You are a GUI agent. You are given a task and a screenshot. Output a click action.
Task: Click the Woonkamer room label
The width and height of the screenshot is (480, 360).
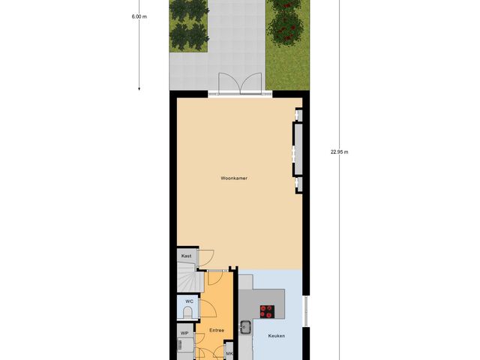click(x=234, y=178)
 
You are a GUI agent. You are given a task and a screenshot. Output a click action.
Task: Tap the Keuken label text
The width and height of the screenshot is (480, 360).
click(x=277, y=335)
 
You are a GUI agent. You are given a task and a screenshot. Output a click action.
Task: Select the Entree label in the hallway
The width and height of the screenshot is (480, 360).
click(x=217, y=330)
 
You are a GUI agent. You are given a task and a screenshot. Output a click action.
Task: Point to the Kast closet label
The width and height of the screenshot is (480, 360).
click(x=187, y=256)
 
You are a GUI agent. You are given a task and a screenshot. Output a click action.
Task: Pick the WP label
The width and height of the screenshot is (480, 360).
click(x=184, y=333)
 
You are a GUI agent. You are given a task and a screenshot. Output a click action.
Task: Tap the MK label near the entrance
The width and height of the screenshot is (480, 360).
click(x=229, y=353)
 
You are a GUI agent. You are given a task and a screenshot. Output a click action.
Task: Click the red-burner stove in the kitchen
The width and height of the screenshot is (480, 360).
click(x=267, y=310)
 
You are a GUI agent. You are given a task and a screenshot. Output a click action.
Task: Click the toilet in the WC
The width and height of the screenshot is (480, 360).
click(x=187, y=312)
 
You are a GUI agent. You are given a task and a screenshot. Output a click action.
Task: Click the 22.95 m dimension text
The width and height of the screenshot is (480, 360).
click(x=339, y=151)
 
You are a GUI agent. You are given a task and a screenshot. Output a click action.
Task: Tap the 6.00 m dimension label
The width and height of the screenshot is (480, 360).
click(x=139, y=16)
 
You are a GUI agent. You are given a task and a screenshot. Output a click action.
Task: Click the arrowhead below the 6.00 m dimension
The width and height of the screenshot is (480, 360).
click(x=139, y=88)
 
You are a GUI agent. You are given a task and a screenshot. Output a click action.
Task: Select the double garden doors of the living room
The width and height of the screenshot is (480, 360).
click(x=240, y=84)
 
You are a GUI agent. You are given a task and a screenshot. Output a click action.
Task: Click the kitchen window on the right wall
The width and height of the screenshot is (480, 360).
click(x=304, y=311)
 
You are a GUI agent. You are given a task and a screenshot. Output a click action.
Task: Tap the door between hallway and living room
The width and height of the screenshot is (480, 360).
click(x=214, y=277)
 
